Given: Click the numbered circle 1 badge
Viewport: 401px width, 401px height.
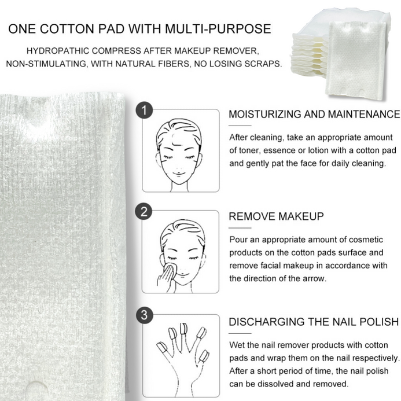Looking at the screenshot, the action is pos(145,111).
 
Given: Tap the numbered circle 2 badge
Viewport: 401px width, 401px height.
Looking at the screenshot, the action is pos(144,212).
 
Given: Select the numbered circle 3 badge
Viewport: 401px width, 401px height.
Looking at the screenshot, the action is pos(145,315).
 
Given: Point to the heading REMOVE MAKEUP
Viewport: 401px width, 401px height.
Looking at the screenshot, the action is pos(276,216).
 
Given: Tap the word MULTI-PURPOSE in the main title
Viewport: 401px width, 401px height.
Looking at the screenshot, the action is pos(218,29).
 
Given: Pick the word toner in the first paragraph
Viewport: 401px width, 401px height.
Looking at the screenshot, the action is pos(248,150).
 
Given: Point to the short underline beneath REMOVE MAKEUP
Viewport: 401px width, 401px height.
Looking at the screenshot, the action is pos(240,228).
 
